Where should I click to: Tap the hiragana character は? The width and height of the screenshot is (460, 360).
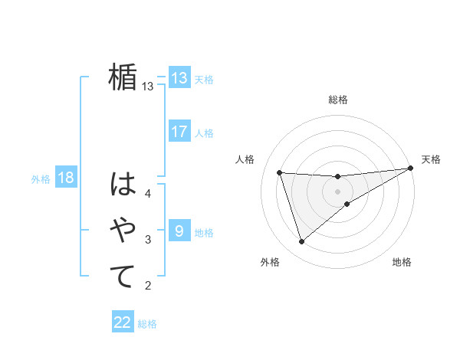(123, 185)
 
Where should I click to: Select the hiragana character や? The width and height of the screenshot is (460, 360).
(123, 231)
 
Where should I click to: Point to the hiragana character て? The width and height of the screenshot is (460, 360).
(123, 277)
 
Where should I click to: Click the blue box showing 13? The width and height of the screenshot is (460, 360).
(179, 78)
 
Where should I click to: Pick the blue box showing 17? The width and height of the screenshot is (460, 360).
(179, 132)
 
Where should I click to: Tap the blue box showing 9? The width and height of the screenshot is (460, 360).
(179, 231)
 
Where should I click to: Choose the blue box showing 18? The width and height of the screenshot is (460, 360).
(66, 178)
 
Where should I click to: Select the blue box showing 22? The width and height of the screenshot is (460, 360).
(123, 322)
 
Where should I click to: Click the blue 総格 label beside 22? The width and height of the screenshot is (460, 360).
(147, 324)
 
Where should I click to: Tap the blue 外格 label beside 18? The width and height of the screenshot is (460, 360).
(41, 179)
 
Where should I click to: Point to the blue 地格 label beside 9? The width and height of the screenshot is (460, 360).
(204, 232)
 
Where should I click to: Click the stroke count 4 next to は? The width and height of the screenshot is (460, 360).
(148, 194)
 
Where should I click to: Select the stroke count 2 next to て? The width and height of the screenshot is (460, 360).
(148, 286)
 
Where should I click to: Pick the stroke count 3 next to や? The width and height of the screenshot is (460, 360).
(148, 241)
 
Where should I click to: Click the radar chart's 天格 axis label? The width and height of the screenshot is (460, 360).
(431, 159)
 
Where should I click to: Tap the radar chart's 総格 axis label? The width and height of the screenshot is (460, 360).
(338, 100)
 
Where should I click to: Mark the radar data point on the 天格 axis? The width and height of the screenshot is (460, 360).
(410, 168)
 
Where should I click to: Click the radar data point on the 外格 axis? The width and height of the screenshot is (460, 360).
(301, 242)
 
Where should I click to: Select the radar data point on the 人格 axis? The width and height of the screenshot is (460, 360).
(280, 172)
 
